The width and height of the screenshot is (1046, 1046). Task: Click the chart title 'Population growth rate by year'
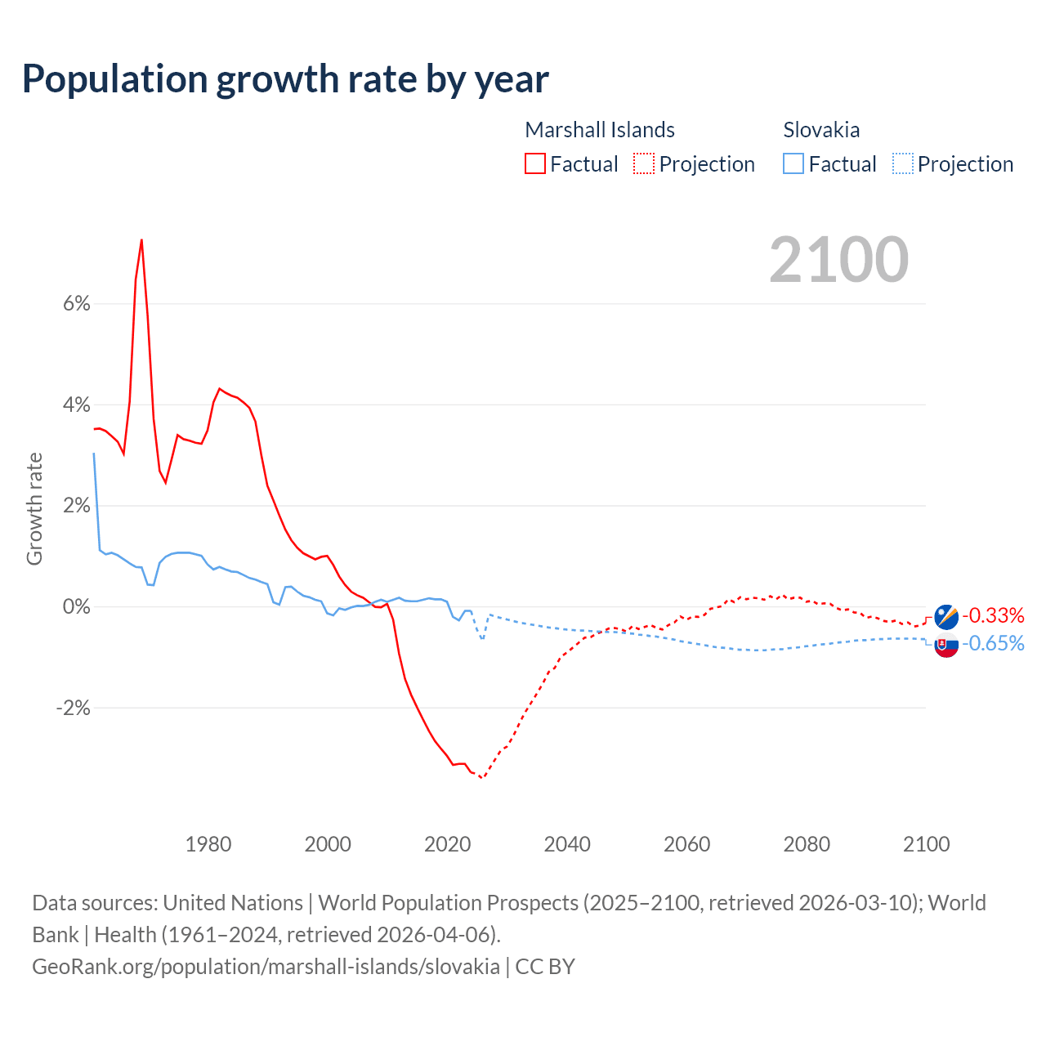(x=285, y=79)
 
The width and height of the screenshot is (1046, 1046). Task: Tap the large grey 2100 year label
(x=838, y=260)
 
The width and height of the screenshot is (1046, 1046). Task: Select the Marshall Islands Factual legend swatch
(x=534, y=163)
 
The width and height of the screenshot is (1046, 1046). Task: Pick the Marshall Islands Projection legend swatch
(x=644, y=163)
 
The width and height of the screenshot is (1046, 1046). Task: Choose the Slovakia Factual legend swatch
(x=793, y=163)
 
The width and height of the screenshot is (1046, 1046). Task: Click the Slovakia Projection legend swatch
(x=902, y=163)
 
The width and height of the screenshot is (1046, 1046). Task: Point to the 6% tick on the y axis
(x=76, y=304)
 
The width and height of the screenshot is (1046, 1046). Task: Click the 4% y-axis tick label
(x=76, y=405)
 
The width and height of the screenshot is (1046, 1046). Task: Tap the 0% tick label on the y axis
(x=76, y=606)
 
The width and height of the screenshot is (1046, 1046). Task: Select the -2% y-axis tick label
(x=73, y=708)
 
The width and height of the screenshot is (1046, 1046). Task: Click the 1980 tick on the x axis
(x=208, y=844)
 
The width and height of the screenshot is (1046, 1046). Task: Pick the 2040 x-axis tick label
(x=567, y=844)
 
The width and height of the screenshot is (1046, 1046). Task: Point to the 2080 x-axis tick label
(x=807, y=844)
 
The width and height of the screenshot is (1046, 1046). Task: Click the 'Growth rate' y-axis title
(x=34, y=508)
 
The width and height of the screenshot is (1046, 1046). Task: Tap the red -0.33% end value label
(x=993, y=615)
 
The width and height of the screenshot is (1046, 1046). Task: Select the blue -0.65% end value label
(x=993, y=644)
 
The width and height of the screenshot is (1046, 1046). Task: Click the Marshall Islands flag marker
(x=946, y=616)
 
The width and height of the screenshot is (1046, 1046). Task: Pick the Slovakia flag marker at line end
(x=946, y=646)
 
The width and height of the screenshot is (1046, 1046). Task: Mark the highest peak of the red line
(x=141, y=240)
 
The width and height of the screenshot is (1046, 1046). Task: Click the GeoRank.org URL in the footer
(x=266, y=967)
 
